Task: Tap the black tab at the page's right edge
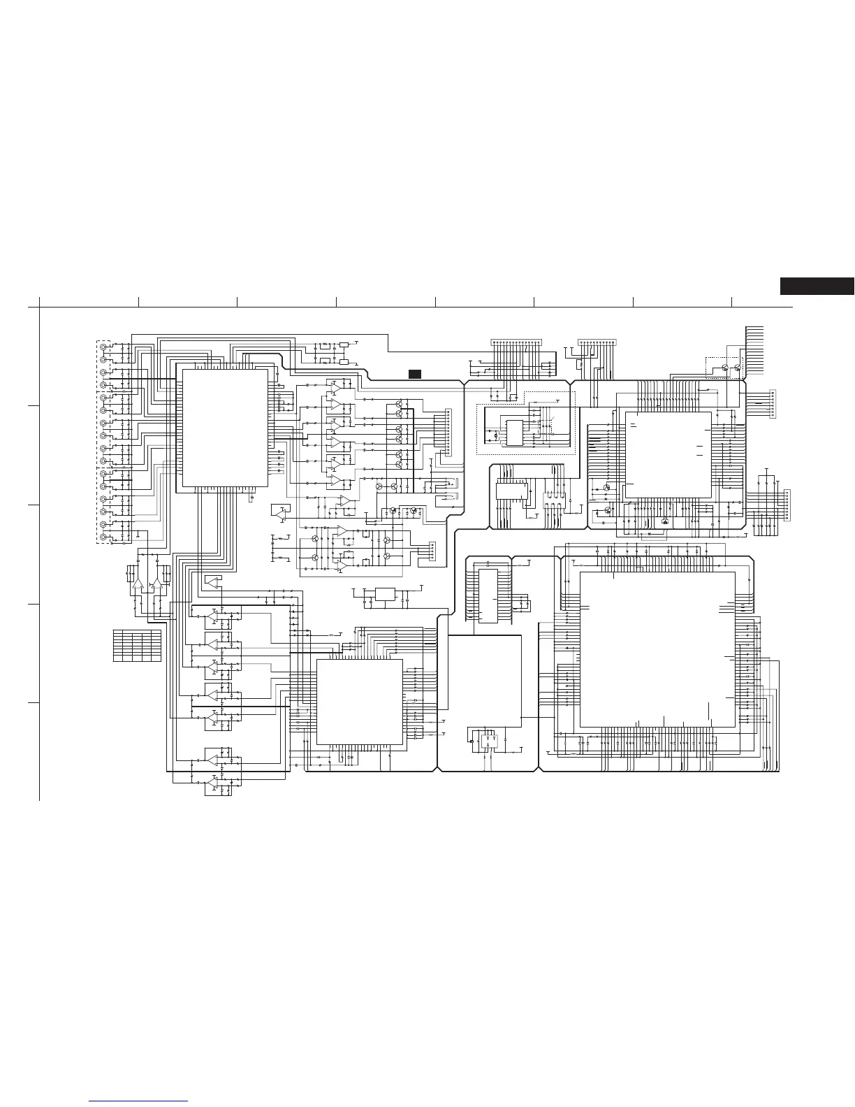coord(817,287)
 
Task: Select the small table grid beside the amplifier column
coord(137,646)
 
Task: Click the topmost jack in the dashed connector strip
coord(104,347)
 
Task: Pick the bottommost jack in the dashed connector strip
coord(104,537)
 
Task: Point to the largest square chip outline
coord(657,649)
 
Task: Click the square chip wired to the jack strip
coord(225,428)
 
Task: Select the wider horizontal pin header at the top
coord(516,342)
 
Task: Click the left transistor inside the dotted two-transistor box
coord(726,368)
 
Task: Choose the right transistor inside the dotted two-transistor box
coord(738,368)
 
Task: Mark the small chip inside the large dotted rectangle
coord(514,430)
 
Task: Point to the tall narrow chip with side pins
coord(488,596)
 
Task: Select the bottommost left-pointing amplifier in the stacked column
coord(212,783)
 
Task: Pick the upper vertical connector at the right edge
coord(773,404)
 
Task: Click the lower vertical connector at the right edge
coord(787,505)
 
